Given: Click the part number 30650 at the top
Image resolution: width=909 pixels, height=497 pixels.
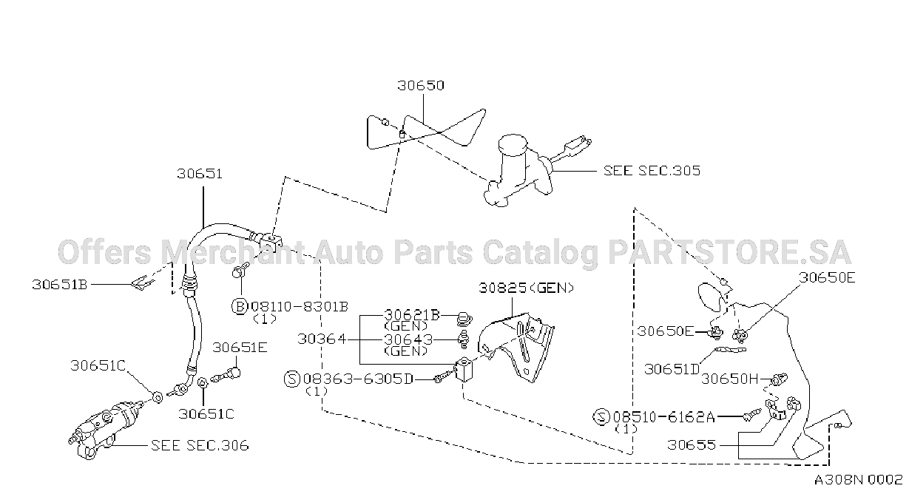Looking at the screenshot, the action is (x=421, y=85).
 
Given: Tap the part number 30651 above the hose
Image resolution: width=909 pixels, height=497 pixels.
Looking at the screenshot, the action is (x=200, y=174).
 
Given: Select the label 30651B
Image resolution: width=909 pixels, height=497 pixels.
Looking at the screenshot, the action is (x=60, y=285).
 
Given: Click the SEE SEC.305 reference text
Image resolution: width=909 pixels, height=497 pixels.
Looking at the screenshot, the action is (x=652, y=170).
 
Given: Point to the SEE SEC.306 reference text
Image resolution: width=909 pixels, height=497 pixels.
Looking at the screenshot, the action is (x=200, y=445).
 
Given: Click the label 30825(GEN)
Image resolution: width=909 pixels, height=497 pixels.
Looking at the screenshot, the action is (x=527, y=288).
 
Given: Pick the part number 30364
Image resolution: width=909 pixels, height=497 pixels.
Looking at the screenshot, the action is (x=322, y=339).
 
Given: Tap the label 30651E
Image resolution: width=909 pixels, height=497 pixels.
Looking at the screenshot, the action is (x=240, y=348).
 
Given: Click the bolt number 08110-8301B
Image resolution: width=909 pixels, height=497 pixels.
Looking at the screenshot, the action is (x=300, y=307).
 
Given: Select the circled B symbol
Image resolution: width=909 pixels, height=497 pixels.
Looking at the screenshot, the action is (x=240, y=306).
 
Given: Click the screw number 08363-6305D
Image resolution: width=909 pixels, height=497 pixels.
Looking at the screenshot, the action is (x=358, y=379).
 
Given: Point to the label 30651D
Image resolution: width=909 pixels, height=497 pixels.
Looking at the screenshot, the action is (x=672, y=369).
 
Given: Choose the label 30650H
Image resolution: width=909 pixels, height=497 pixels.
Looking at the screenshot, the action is (x=729, y=379).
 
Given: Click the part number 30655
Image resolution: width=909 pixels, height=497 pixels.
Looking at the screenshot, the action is (x=692, y=445).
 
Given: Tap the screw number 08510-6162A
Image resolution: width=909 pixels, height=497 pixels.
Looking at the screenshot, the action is (x=663, y=417).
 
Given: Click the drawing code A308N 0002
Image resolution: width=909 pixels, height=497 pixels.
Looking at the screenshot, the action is (x=858, y=481).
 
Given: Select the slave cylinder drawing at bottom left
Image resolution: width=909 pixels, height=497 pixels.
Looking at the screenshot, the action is (x=106, y=430).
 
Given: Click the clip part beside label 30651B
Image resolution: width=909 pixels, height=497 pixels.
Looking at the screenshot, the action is (x=142, y=283).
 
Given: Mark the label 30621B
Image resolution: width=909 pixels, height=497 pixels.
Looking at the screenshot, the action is (x=412, y=315).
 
